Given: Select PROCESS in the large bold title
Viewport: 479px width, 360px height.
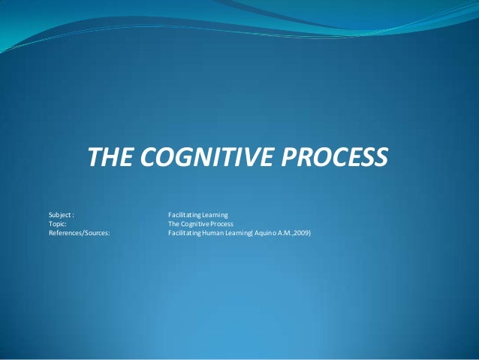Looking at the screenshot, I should pos(334,159).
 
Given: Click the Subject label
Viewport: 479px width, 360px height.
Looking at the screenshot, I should pos(60,215).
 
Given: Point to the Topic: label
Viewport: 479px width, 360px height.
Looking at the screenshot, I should pos(58,224).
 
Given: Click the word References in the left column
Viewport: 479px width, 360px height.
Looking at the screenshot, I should pos(67,233).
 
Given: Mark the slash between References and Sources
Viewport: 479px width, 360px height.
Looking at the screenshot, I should pos(86,233).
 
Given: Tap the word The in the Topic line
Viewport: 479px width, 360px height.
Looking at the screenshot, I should pos(173,224).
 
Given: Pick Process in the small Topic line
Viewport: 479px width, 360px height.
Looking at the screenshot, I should pos(222,224).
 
